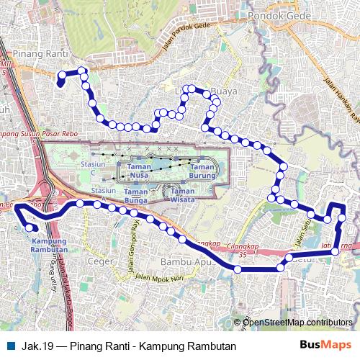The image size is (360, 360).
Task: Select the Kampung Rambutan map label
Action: (x=50, y=245)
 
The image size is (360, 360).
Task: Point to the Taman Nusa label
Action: (x=139, y=171)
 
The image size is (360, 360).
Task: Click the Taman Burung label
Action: (x=202, y=171)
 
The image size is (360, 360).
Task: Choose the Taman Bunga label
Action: (x=135, y=196)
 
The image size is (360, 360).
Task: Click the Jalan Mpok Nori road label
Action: (x=166, y=276)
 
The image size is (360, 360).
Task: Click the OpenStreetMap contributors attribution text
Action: (x=297, y=322)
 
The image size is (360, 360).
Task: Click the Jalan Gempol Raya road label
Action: (x=133, y=244)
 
